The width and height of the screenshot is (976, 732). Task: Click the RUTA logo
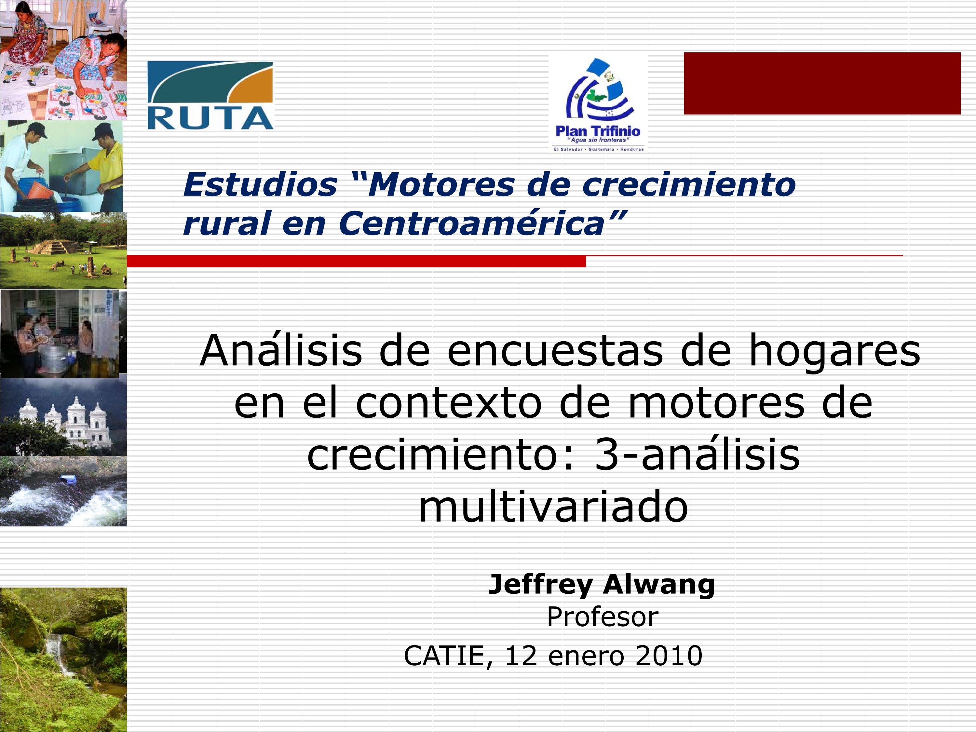pos(210,95)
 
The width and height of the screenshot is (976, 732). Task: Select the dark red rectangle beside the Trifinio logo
pos(822,83)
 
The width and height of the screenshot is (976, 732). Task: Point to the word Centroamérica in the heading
pos(471,223)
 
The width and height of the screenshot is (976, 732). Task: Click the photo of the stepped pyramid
pos(63,250)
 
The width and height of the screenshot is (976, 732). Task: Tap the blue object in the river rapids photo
pos(69,479)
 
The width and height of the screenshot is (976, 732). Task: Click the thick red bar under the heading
pos(356,261)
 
